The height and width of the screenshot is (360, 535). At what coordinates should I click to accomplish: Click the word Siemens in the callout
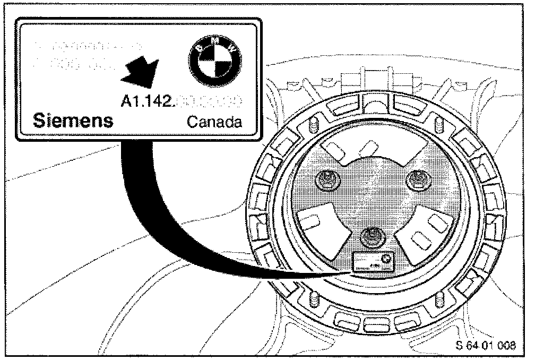[73, 121]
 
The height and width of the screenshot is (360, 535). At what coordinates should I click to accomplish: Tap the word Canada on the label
[215, 123]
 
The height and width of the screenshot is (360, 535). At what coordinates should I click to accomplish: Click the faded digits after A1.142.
[211, 99]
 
